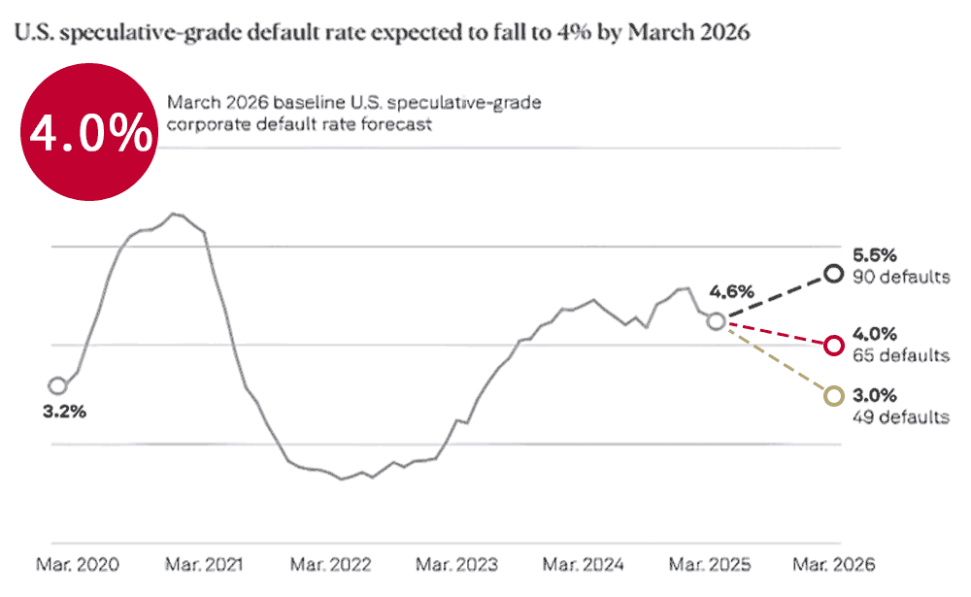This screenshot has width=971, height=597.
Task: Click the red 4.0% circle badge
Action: click(90, 135)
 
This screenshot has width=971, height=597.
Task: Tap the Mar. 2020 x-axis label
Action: click(80, 564)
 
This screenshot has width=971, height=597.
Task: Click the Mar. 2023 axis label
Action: click(456, 564)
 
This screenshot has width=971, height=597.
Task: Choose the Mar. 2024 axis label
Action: click(582, 564)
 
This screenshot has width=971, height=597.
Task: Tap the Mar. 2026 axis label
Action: click(834, 564)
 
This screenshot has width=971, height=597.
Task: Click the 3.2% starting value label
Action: click(65, 411)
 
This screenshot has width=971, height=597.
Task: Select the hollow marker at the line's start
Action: click(57, 386)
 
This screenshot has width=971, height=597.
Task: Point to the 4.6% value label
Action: click(731, 290)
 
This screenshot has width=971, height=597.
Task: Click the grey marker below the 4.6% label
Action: click(716, 321)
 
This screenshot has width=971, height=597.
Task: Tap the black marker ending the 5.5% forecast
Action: click(832, 274)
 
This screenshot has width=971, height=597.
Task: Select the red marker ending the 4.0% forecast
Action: click(832, 345)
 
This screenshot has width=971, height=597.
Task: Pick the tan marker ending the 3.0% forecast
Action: click(832, 395)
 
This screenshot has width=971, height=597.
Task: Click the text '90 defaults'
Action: click(900, 278)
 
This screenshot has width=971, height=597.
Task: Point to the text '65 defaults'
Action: click(900, 355)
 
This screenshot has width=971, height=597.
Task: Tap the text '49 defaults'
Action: click(900, 417)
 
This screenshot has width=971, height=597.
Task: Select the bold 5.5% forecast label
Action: click(875, 255)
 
